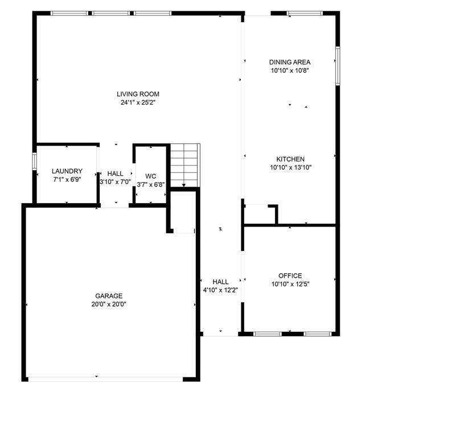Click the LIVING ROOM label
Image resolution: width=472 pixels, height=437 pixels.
coord(138,94)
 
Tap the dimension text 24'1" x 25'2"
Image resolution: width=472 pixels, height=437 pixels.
coord(138,102)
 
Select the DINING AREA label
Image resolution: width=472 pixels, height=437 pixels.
coord(290,62)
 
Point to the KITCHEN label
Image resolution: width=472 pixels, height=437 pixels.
coord(290,159)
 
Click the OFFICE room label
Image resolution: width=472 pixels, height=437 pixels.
coord(290,276)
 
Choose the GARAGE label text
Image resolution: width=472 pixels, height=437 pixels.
coord(109,296)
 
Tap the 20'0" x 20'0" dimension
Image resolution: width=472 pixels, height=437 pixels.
coord(109,304)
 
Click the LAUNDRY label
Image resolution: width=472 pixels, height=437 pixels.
coord(67,171)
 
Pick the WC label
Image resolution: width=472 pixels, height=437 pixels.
coord(150,176)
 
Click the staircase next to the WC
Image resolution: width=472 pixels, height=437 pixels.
coord(184,166)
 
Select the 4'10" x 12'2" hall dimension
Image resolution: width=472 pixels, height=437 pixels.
coord(221,290)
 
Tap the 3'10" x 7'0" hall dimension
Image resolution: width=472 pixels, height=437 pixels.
coord(115,182)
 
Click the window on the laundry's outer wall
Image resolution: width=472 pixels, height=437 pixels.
coord(34,161)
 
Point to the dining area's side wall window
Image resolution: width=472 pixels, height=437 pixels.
coord(338,66)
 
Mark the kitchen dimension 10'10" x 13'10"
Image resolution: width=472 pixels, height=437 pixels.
coord(290,167)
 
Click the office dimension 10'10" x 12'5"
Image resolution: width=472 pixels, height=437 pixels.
coord(290,284)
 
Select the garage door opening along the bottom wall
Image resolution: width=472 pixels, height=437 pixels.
coord(106,380)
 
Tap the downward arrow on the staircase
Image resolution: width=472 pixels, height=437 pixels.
coord(184,184)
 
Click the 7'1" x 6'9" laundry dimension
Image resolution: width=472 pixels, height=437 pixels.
coord(67,180)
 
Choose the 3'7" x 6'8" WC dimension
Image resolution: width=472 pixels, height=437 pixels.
coord(150,184)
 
